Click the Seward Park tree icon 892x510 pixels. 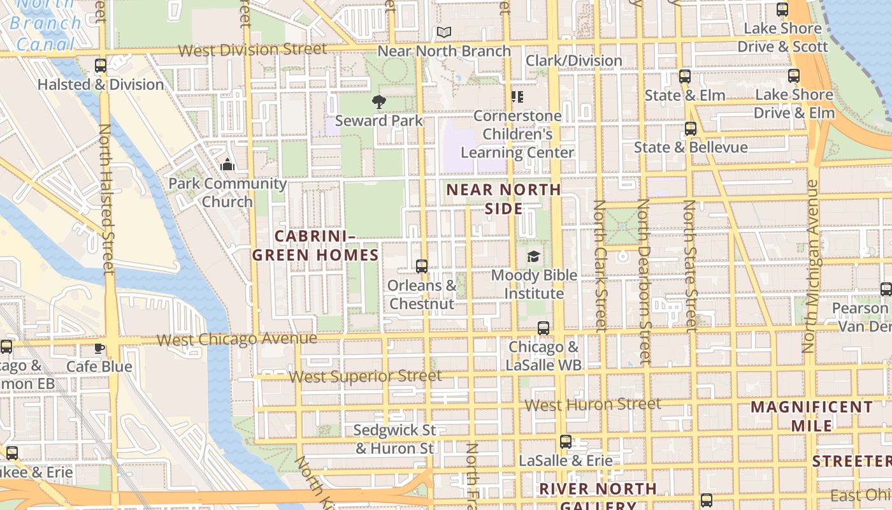coord(378,101)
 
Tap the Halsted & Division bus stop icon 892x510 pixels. coord(100,65)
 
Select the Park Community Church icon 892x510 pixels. coord(227,165)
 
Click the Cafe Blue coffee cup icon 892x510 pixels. coord(99,348)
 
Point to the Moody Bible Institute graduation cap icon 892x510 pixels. coord(533,257)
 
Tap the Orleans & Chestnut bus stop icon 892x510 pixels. coord(421,266)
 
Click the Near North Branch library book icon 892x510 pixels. coord(444,32)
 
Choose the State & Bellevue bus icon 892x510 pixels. coord(691,129)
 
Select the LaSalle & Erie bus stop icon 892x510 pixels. coord(565,442)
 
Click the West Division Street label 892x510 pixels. coord(252,50)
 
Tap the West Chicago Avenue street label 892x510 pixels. coord(236,339)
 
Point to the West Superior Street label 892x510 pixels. coord(365,376)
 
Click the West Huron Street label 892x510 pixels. coord(593,404)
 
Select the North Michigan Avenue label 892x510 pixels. coord(810,266)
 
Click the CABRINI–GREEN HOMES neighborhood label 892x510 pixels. coord(315,246)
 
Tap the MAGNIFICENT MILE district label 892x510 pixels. coord(811,416)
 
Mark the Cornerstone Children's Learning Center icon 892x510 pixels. coord(517,97)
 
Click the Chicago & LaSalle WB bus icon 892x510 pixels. coord(543,328)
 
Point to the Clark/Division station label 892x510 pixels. coord(573,61)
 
